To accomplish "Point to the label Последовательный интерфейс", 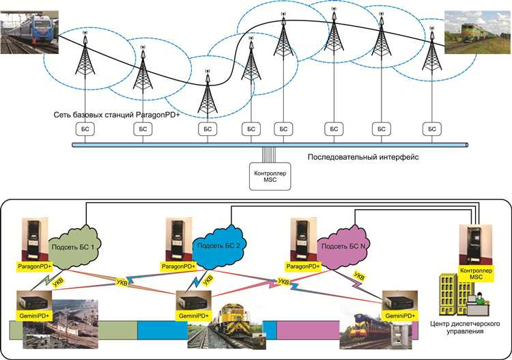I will coord(362,157).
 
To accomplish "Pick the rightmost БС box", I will coord(431,128).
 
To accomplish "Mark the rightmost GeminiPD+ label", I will coord(399,317).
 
